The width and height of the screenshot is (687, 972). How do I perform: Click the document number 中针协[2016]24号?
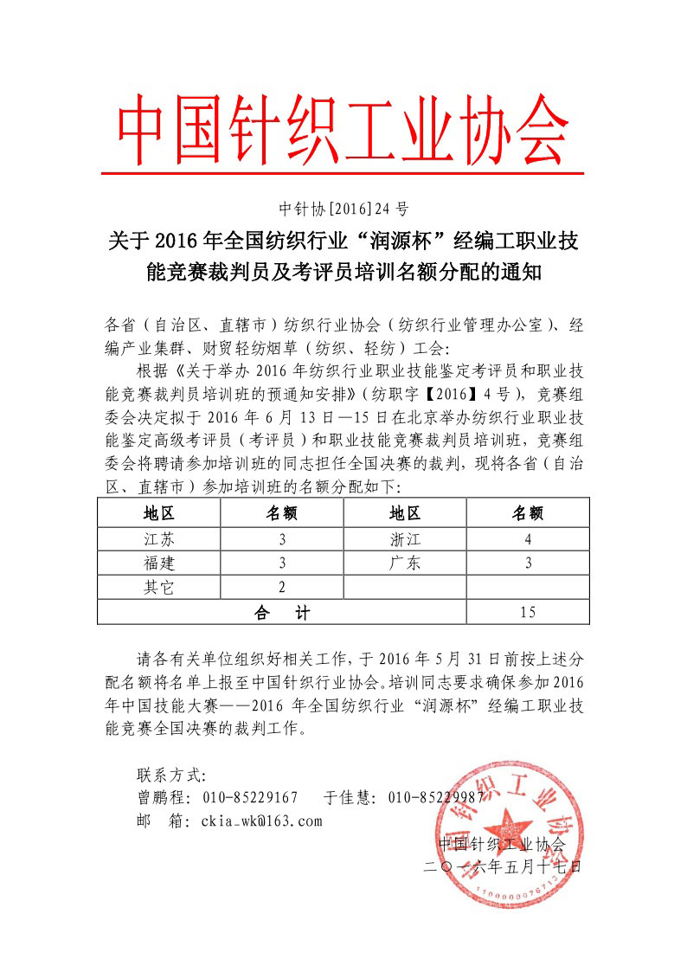pyautogui.click(x=343, y=209)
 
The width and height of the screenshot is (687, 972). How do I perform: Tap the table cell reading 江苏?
pyautogui.click(x=158, y=538)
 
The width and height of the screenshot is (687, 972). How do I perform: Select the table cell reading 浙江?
pyautogui.click(x=405, y=538)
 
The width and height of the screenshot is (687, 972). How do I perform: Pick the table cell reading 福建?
pyautogui.click(x=158, y=563)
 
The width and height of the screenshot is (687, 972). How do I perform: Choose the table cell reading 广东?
pyautogui.click(x=405, y=563)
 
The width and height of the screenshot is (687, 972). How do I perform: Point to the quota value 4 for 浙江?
pyautogui.click(x=528, y=538)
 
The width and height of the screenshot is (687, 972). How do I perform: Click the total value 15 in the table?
pyautogui.click(x=528, y=613)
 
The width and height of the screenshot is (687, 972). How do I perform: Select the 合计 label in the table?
pyautogui.click(x=281, y=613)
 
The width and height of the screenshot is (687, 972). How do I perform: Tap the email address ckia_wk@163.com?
pyautogui.click(x=260, y=821)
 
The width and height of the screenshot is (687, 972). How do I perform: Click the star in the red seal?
pyautogui.click(x=504, y=818)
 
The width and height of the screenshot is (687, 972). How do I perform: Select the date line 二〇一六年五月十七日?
pyautogui.click(x=502, y=865)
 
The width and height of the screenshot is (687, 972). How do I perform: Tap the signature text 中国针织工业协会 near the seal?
pyautogui.click(x=502, y=843)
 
